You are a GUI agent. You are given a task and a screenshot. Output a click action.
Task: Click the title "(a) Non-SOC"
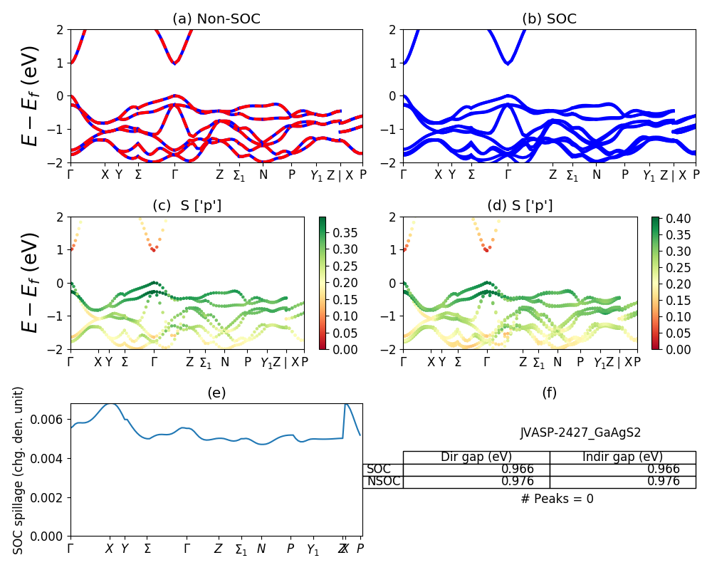coord(216,19)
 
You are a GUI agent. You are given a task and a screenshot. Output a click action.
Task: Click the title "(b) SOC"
coord(549,19)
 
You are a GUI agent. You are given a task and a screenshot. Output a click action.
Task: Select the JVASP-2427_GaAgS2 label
coord(570,432)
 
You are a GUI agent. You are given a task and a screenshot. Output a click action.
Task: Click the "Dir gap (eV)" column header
coord(476,457)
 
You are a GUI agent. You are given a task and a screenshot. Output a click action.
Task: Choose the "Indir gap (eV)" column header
coord(622,457)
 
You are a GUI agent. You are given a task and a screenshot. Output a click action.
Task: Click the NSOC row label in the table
coord(384,482)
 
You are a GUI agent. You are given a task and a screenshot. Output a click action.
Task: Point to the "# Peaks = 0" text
coord(557,499)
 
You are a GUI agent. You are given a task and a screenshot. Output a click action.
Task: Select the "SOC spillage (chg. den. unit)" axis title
coord(19,470)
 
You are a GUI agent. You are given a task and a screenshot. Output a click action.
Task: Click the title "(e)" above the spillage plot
coord(216,393)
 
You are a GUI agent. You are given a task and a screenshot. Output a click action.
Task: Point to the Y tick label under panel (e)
coord(125,549)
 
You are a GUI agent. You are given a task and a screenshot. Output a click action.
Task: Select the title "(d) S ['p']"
coord(520,206)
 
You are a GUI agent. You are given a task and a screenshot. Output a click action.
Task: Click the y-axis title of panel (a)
coord(31,95)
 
